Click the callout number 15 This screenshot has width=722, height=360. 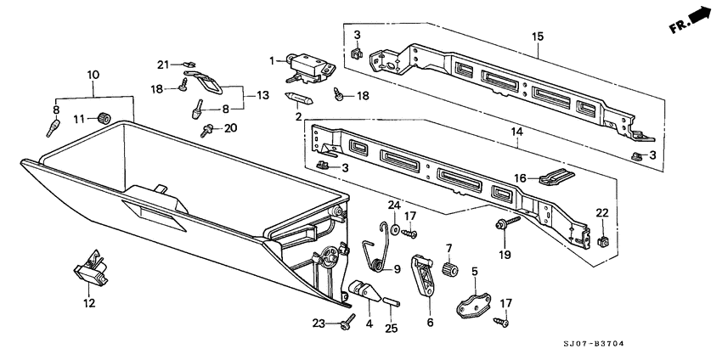(x=537, y=37)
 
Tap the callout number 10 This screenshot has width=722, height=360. (x=93, y=76)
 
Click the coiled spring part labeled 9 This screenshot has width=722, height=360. (x=373, y=257)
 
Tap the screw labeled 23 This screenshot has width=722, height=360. (x=348, y=323)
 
